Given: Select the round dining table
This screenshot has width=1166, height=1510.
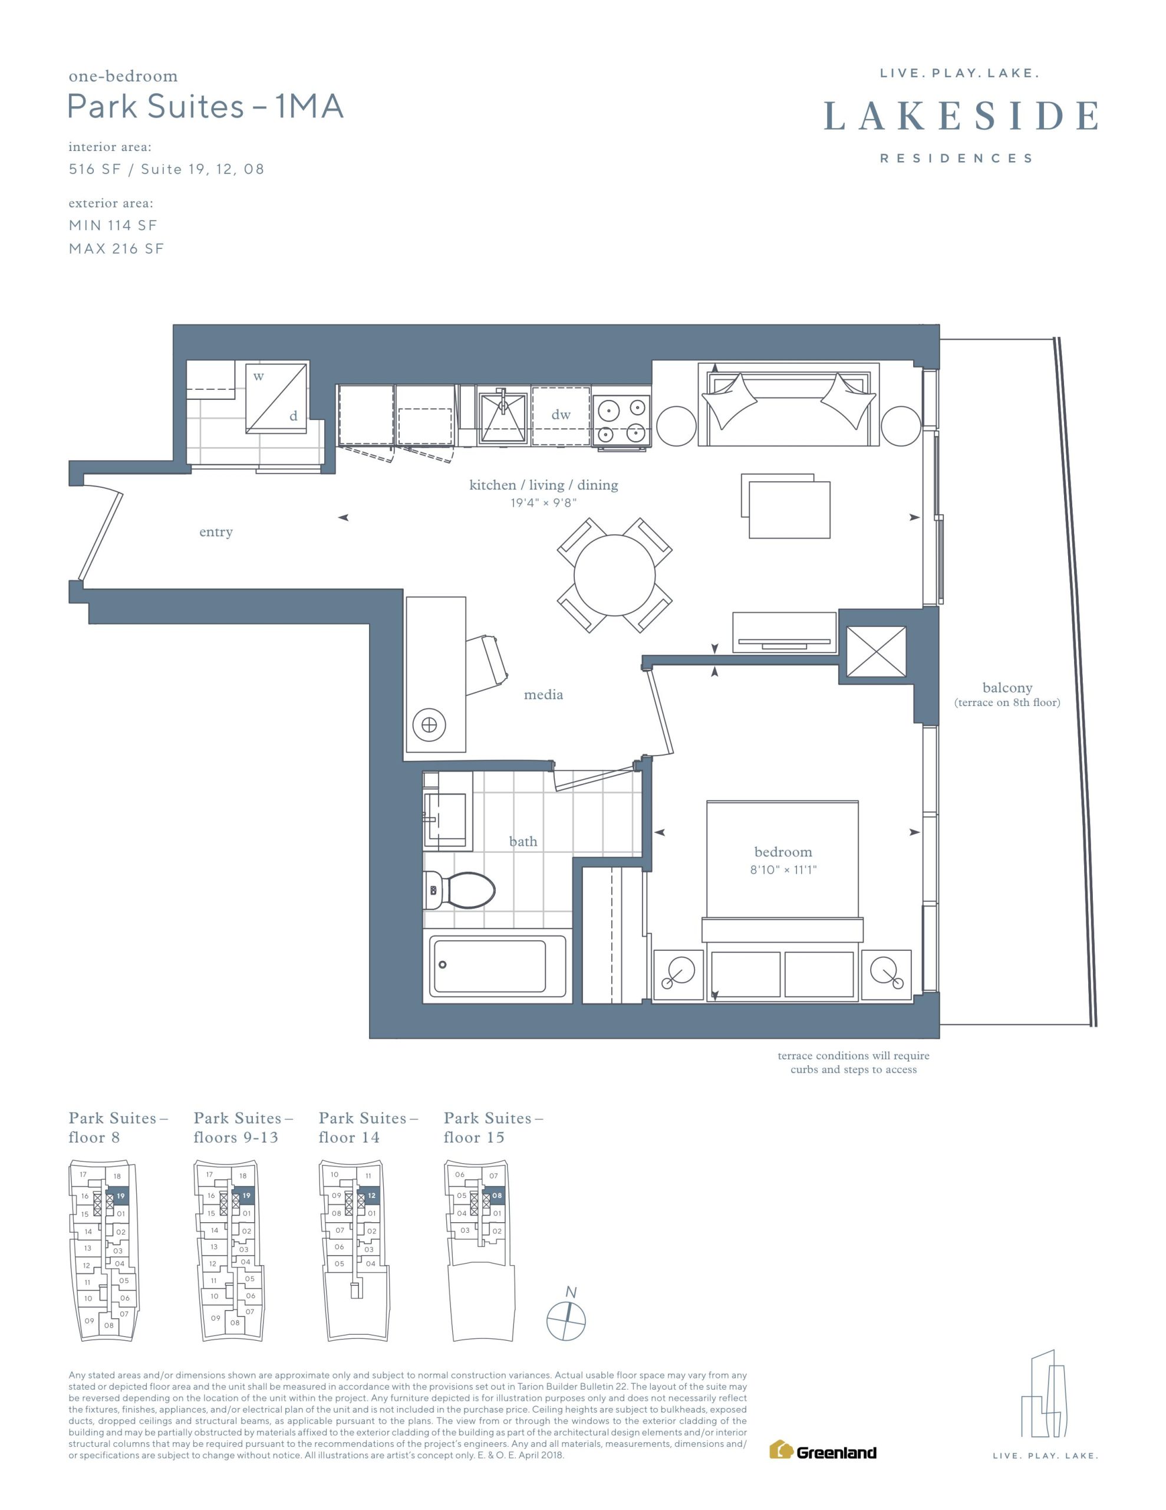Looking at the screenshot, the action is (x=614, y=575).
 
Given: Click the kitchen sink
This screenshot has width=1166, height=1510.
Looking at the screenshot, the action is (x=502, y=416).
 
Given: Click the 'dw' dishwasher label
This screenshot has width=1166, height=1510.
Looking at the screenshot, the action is (x=561, y=415).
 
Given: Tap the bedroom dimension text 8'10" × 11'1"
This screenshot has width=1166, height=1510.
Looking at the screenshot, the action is (x=783, y=870).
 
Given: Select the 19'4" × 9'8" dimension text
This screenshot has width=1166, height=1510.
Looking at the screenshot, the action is (x=544, y=503).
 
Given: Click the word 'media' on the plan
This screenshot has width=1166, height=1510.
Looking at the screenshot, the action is (x=544, y=695).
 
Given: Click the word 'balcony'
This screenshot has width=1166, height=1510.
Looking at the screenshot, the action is (x=1007, y=688).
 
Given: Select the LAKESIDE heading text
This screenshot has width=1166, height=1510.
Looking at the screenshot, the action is (x=961, y=116).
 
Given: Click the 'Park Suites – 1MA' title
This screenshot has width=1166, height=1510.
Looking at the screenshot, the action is (x=205, y=107).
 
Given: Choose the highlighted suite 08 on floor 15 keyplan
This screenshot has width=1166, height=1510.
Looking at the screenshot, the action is (x=496, y=1196).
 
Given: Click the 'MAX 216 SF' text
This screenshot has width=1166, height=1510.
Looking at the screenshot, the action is (x=116, y=249).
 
